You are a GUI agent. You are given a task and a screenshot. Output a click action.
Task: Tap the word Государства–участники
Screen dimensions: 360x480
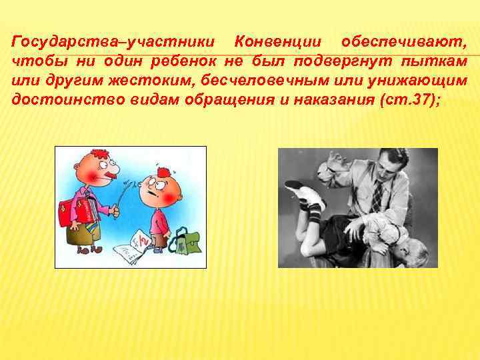click(x=113, y=42)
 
